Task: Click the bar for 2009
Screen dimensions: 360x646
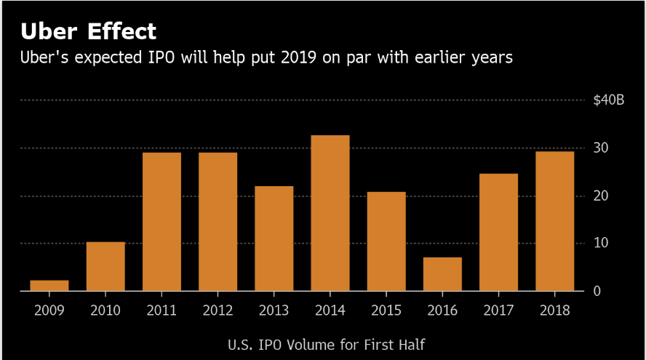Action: tap(49, 285)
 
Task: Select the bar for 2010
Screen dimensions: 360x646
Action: tap(105, 266)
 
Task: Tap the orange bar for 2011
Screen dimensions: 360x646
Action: tap(161, 221)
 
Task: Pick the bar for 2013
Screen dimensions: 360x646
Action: tap(274, 238)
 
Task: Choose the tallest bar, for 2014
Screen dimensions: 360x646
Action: tap(330, 212)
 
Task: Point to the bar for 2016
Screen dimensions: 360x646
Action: tap(442, 273)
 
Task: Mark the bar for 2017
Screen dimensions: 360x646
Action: tap(498, 232)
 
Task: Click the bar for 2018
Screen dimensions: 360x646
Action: tap(554, 220)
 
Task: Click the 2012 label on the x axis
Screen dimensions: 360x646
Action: tap(218, 310)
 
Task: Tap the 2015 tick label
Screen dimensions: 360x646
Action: tap(386, 310)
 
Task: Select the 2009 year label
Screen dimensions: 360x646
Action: tap(49, 310)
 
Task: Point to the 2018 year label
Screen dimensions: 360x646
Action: tap(554, 310)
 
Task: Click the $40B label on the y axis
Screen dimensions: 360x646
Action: tap(609, 100)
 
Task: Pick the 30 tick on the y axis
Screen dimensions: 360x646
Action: tap(600, 148)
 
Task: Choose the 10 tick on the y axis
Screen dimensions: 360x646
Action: tap(600, 243)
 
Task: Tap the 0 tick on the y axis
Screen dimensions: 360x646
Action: tap(597, 291)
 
